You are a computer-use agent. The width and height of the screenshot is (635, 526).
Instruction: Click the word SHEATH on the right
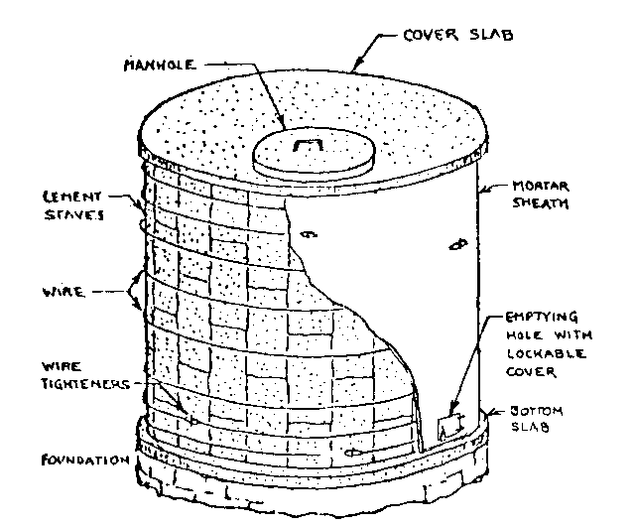pos(540,204)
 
